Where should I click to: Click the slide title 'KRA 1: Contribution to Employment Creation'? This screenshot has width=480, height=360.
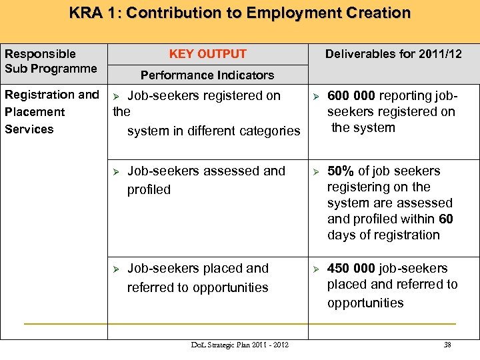(x=240, y=13)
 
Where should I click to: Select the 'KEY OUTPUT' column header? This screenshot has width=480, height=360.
(x=207, y=54)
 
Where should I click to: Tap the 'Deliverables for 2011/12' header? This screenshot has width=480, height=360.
(x=393, y=54)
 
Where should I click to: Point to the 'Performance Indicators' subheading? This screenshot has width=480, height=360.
(x=207, y=75)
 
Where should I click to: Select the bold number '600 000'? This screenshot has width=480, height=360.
(x=351, y=96)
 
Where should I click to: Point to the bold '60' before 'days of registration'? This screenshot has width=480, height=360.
(x=447, y=219)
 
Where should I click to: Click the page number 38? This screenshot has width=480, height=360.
(x=448, y=345)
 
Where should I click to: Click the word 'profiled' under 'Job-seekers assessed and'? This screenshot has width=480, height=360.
(x=149, y=190)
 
